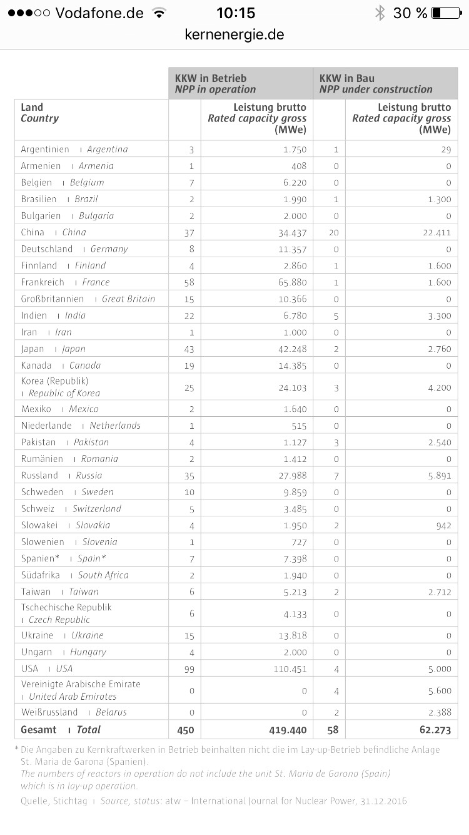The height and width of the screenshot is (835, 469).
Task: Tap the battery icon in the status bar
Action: click(446, 13)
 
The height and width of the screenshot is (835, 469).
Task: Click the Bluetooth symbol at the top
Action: click(380, 13)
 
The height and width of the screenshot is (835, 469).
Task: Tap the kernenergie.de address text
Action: click(234, 35)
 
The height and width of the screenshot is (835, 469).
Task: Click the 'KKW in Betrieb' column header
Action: click(211, 79)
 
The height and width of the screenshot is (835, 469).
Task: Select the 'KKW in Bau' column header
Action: click(348, 79)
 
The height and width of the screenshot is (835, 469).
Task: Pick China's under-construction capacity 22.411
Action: click(435, 232)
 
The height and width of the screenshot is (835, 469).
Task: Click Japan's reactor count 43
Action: click(189, 349)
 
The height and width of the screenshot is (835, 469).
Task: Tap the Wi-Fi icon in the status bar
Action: click(159, 13)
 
